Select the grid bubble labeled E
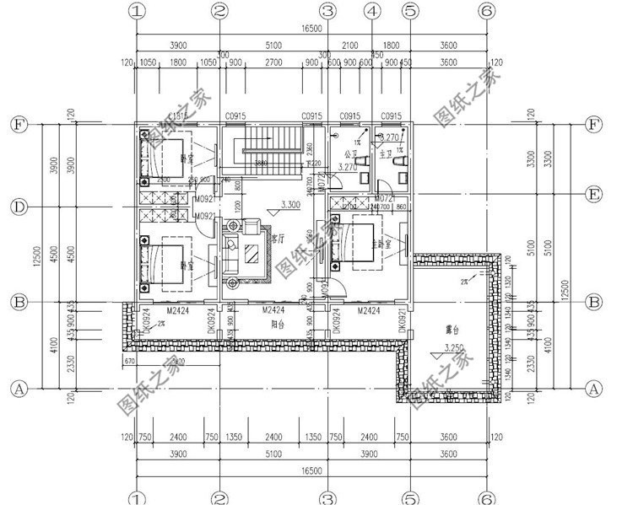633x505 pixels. [593, 195]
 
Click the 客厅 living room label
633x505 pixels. [278, 239]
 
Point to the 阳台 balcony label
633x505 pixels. [276, 322]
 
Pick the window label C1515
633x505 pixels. [178, 116]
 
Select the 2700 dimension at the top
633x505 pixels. [273, 62]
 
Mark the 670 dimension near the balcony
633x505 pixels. [129, 361]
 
